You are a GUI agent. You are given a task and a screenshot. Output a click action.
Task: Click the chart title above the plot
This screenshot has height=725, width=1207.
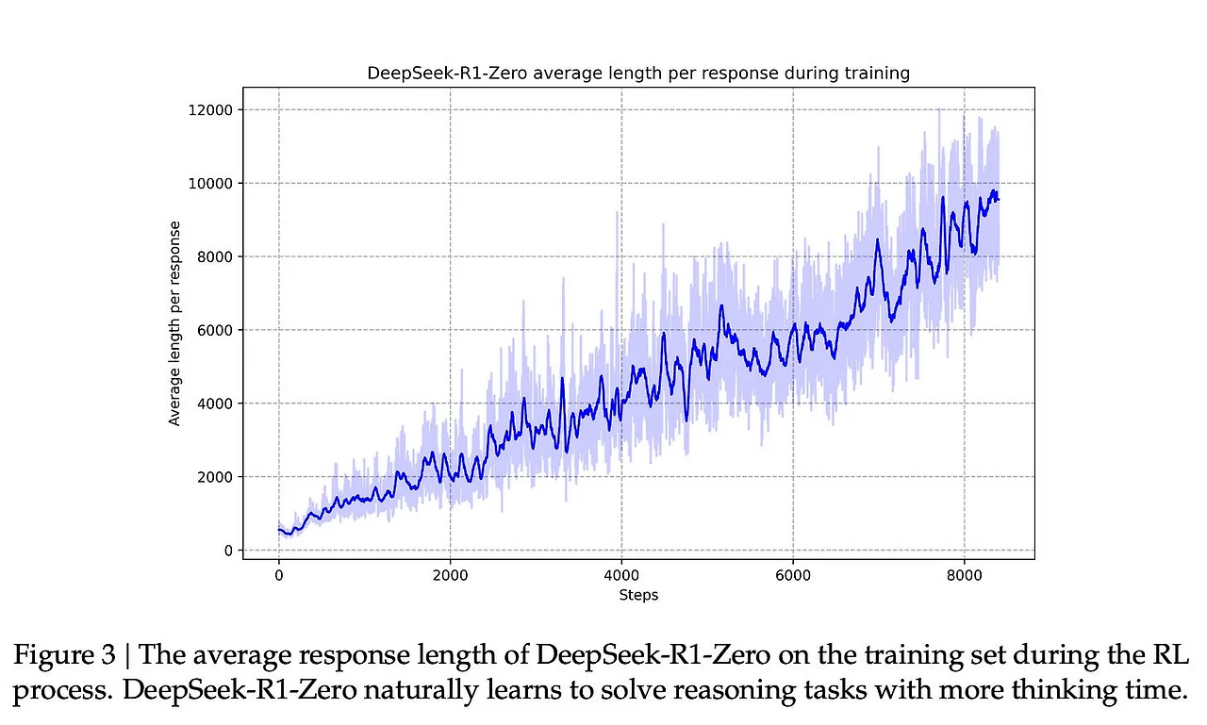637,73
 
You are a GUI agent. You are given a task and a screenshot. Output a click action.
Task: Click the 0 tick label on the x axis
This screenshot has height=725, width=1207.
279,573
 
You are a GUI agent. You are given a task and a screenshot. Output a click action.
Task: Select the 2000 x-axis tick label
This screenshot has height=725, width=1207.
450,573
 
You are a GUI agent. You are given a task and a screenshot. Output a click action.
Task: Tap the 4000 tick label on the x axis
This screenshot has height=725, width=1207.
621,573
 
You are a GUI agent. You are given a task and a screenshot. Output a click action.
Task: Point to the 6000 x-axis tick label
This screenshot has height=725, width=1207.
793,573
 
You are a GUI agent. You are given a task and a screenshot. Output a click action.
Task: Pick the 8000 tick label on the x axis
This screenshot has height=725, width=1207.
965,573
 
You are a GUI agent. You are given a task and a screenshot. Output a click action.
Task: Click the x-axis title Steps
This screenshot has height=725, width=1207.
638,595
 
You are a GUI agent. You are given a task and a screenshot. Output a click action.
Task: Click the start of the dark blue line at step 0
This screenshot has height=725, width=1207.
280,530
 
